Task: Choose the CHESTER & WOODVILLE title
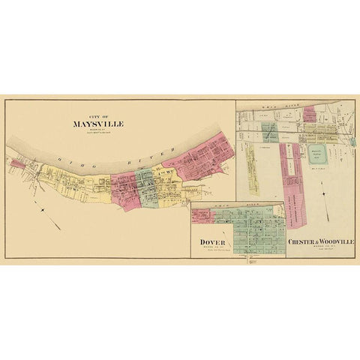[320, 242]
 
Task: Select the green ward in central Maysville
[147, 188]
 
